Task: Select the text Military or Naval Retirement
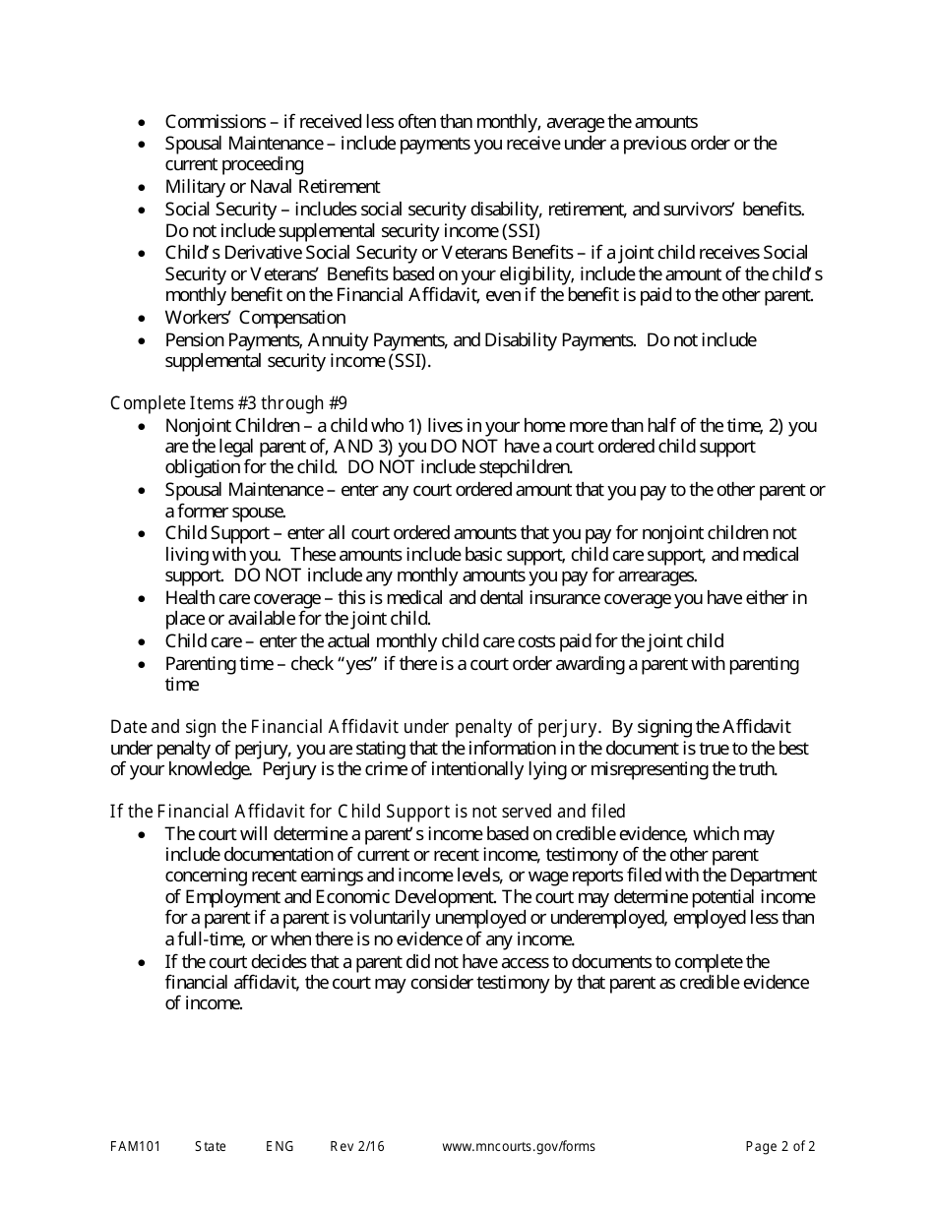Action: point(273,187)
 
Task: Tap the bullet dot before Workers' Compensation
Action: point(144,319)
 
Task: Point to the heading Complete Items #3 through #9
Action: point(228,403)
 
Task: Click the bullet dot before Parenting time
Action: point(144,665)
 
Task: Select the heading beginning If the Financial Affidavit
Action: point(367,812)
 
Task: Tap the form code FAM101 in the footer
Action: point(135,1147)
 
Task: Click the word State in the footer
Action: point(211,1147)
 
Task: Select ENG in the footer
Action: point(280,1147)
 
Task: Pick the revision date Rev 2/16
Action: point(357,1147)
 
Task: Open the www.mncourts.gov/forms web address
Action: point(519,1147)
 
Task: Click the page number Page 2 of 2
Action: point(780,1147)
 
